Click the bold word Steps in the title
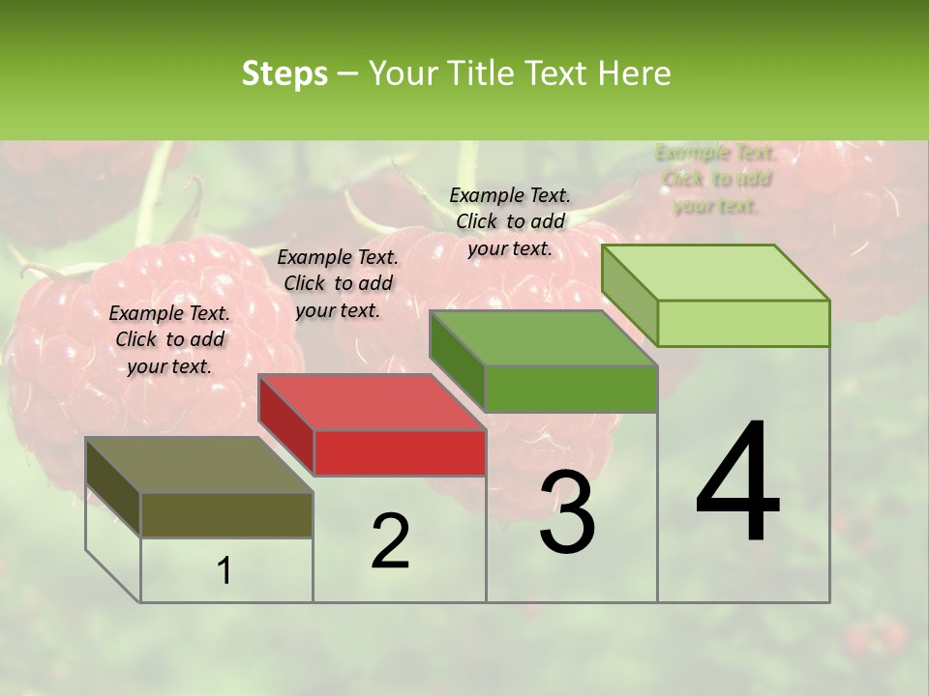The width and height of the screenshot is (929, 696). click(285, 73)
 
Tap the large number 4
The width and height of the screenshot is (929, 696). click(737, 483)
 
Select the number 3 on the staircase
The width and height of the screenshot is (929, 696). click(567, 512)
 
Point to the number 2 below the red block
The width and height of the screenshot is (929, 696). click(390, 541)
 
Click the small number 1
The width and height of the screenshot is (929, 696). click(225, 570)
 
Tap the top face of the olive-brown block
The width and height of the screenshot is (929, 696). click(199, 464)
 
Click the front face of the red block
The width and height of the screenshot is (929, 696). click(400, 452)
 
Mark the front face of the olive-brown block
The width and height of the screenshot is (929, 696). click(226, 514)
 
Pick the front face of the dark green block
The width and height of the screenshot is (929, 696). click(571, 389)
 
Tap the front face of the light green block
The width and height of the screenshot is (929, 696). click(743, 323)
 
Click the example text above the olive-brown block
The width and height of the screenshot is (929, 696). click(169, 339)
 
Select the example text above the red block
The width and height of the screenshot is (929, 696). click(338, 283)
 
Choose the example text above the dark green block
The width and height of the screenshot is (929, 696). click(510, 221)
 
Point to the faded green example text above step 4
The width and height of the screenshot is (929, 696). click(715, 179)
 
